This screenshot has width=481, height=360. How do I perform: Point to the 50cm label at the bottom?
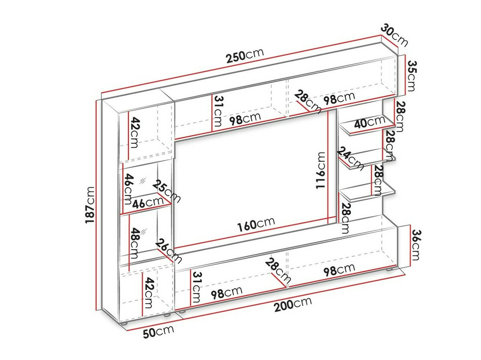point(159,332)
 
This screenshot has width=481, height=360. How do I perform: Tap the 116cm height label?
point(321,171)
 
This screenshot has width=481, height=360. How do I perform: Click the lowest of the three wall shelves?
point(367,194)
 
